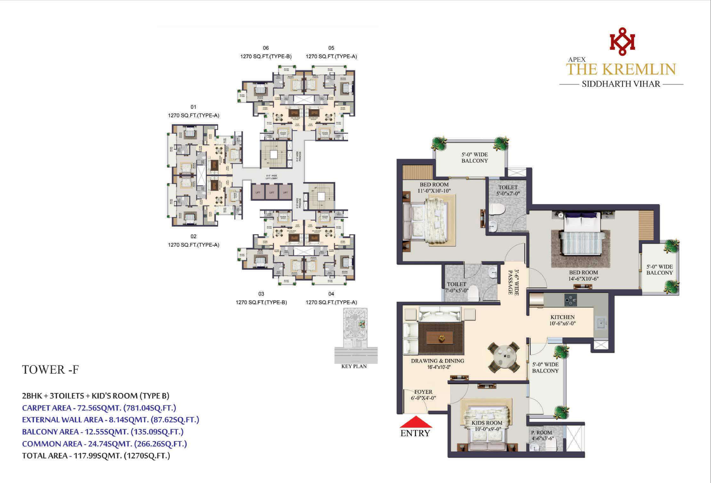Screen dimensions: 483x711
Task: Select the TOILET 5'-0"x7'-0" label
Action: pyautogui.click(x=508, y=190)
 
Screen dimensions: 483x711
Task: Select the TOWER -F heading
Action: pyautogui.click(x=50, y=370)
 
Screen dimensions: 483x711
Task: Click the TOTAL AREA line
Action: pyautogui.click(x=96, y=456)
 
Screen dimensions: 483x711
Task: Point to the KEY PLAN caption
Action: pyautogui.click(x=354, y=366)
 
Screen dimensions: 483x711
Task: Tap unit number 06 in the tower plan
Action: pyautogui.click(x=265, y=48)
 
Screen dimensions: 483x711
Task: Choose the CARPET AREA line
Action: pyautogui.click(x=99, y=408)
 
